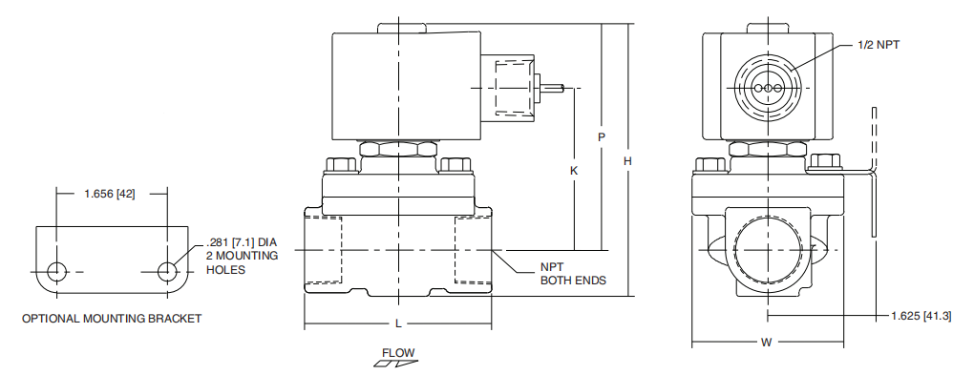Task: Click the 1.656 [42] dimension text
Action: tap(109, 194)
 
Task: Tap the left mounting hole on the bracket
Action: tap(57, 271)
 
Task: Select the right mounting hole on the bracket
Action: tap(166, 271)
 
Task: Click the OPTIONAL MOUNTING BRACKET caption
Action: tap(112, 319)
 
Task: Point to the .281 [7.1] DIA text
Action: tap(241, 241)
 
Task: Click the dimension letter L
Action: tap(398, 323)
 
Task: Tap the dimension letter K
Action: tap(574, 170)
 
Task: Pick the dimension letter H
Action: tap(628, 161)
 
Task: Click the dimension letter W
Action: tap(766, 343)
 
